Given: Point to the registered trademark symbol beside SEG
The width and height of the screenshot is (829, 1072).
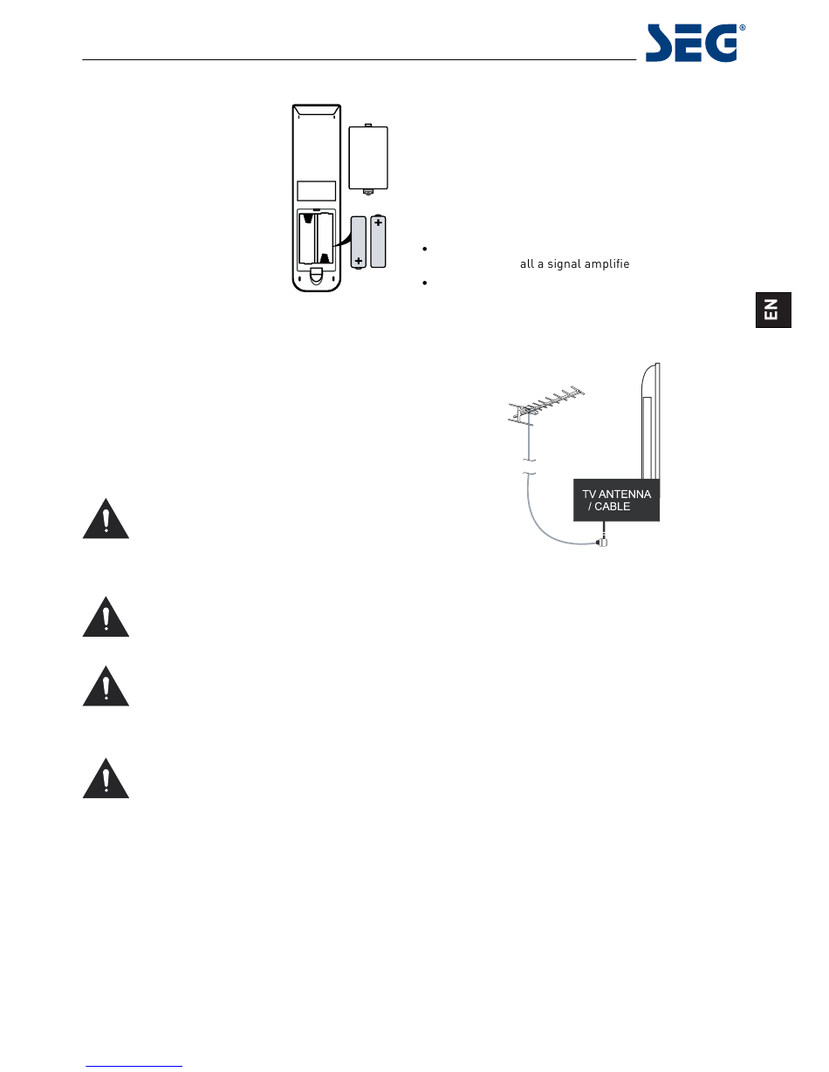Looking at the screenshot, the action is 743,28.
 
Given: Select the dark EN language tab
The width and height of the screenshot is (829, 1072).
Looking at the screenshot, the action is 773,310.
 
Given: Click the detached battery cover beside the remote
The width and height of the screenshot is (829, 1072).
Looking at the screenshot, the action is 367,157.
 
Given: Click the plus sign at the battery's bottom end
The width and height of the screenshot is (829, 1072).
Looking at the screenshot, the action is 358,260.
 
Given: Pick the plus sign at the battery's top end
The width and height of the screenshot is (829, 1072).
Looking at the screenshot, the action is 378,223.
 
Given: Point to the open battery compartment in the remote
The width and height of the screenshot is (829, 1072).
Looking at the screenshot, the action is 317,236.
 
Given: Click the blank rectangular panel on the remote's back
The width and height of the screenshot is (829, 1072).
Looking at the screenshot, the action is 315,191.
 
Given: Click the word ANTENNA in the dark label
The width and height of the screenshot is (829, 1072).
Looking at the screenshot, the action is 624,495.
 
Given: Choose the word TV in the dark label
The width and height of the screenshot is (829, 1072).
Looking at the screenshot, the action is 589,495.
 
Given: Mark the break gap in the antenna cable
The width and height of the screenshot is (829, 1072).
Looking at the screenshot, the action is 528,468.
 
